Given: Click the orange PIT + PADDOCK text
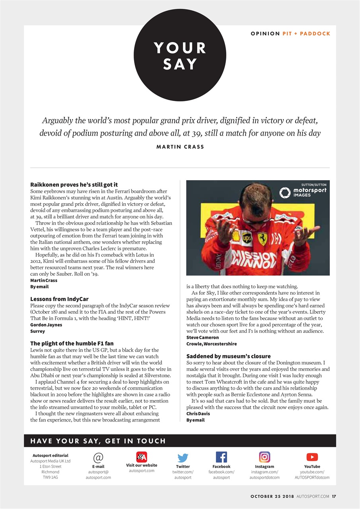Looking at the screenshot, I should [306, 33].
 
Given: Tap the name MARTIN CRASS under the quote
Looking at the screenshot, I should [180, 147].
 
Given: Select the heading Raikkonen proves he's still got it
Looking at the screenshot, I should [74, 185].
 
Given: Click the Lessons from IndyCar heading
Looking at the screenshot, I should [59, 299].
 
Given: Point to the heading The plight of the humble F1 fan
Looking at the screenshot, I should [72, 343].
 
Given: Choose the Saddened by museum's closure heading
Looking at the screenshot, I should [228, 356].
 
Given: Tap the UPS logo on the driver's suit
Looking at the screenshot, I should [247, 238].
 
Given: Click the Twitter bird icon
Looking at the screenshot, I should [183, 458].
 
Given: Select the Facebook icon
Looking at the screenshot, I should [221, 457].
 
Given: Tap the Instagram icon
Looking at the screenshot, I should [265, 457].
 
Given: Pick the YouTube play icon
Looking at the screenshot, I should [312, 457].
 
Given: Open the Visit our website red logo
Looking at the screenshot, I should [142, 457].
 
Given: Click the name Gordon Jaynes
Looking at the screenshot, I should [46, 325].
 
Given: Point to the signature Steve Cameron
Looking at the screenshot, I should [202, 338].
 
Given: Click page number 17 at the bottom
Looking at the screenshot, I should [334, 496].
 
